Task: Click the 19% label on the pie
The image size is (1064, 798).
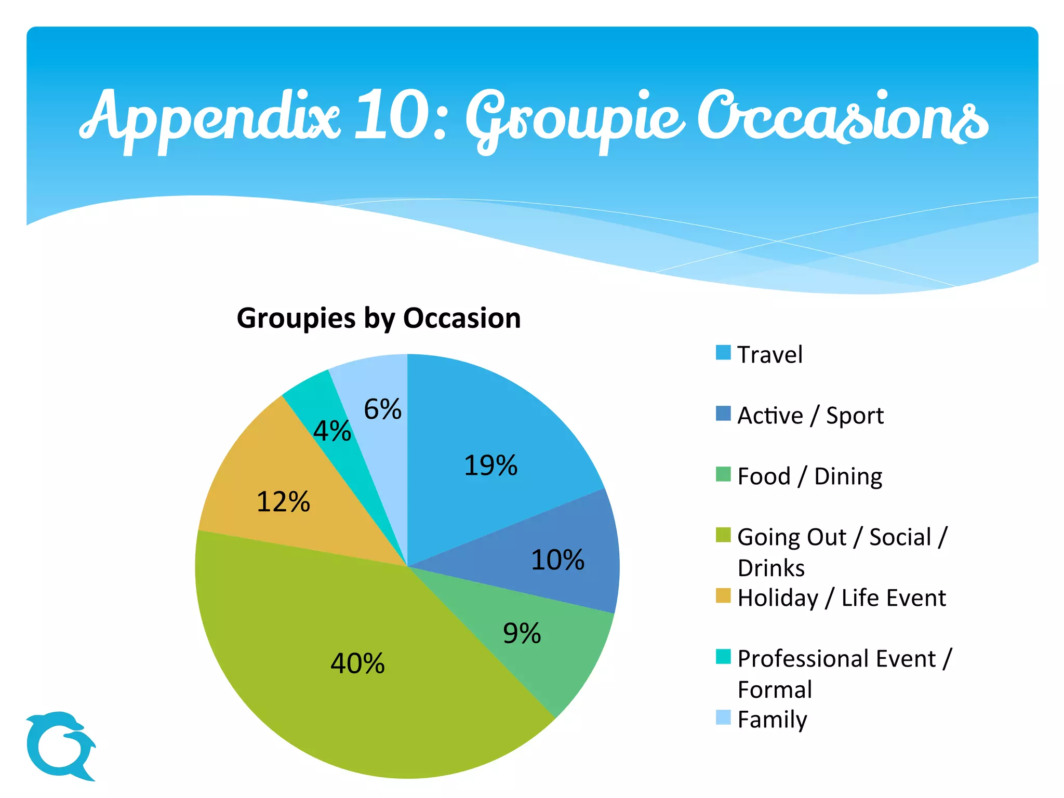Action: coord(490,465)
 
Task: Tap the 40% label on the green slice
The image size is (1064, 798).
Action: coord(357,663)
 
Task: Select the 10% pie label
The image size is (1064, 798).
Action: coord(557,560)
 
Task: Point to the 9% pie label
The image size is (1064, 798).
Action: coord(522,634)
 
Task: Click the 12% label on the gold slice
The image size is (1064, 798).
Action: coord(283,502)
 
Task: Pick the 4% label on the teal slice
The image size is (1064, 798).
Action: coord(332,431)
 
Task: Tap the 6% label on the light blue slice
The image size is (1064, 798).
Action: coord(382,409)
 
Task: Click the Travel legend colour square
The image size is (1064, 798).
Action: coord(723,353)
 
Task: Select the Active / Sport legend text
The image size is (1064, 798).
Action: coord(810,416)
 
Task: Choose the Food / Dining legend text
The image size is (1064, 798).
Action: coord(809,476)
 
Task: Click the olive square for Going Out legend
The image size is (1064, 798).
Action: coord(723,535)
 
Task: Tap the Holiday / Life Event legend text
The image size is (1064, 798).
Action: coord(841,598)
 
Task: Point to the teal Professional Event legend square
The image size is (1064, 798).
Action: coord(723,656)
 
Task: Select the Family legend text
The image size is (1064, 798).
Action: coord(772,720)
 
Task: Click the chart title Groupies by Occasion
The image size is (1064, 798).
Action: coord(379,318)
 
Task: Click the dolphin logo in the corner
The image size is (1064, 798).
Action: coord(60,746)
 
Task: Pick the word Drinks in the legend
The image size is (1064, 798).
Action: coord(771,568)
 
